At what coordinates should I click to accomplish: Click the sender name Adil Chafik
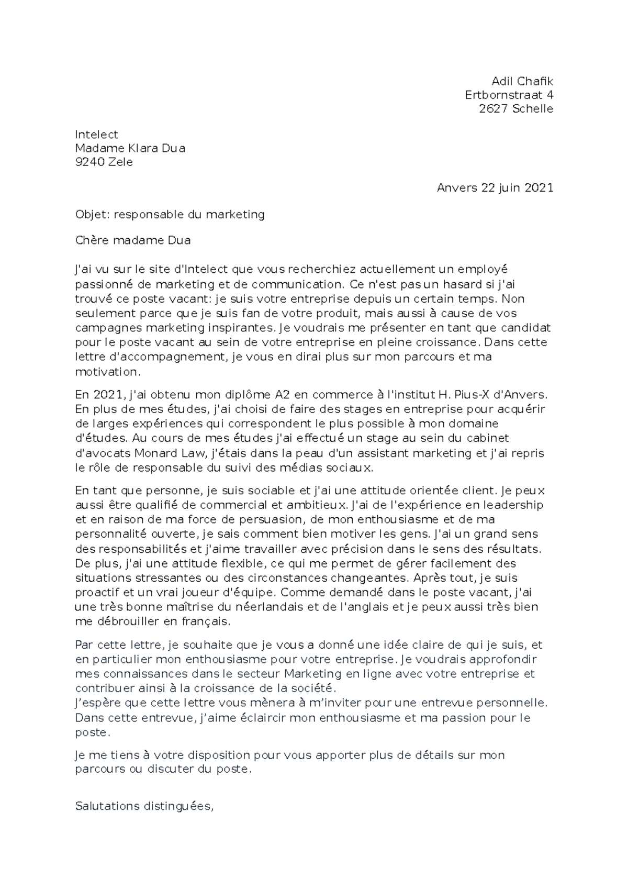[522, 81]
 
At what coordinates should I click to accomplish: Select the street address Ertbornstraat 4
[509, 95]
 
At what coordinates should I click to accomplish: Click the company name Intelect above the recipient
[97, 135]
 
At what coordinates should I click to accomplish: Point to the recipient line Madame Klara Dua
[130, 148]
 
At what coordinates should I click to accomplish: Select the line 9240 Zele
[104, 162]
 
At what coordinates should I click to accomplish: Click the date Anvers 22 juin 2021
[495, 188]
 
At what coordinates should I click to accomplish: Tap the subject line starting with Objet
[170, 214]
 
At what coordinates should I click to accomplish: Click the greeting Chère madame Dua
[133, 241]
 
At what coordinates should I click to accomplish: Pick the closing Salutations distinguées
[144, 806]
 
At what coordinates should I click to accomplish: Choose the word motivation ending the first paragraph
[108, 372]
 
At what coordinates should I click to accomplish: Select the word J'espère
[97, 703]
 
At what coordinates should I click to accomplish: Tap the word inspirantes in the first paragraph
[236, 328]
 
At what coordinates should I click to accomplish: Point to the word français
[205, 622]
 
